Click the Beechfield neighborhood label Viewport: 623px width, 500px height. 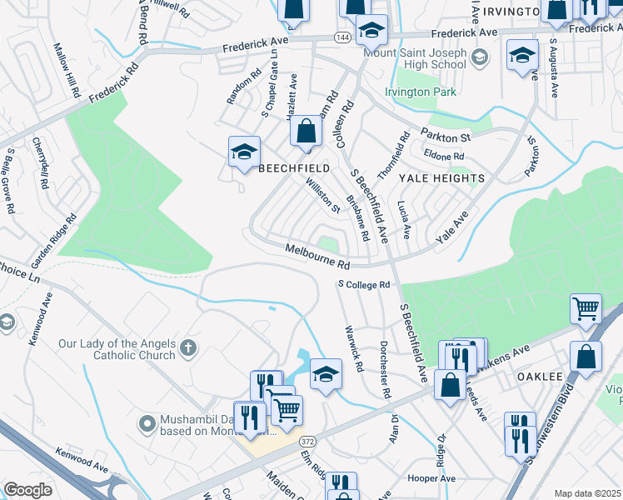pos(294,167)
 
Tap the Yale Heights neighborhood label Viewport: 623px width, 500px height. pos(441,178)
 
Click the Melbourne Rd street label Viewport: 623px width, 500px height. pos(317,256)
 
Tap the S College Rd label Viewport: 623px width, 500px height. pos(364,285)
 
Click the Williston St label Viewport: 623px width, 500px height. pos(322,196)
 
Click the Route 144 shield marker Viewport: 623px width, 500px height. pos(341,37)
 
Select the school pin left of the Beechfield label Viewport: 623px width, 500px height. pos(244,152)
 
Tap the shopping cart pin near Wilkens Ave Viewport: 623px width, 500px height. pos(586,309)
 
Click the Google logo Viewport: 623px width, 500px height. pos(27,490)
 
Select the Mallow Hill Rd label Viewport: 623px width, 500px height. pos(66,72)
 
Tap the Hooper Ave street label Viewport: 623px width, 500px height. pos(431,478)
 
